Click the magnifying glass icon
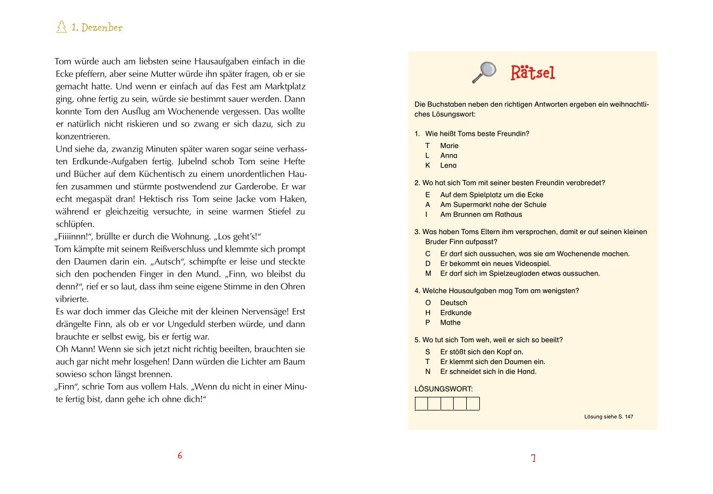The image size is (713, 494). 484,72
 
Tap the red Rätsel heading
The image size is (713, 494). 533,73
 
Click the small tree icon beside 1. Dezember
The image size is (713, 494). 62,27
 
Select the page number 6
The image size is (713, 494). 180,455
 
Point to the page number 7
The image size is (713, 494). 533,459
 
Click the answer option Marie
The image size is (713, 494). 449,146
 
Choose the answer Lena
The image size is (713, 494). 448,165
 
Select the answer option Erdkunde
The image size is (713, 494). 456,313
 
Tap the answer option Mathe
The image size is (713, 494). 450,323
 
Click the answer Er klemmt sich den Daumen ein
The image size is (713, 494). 492,362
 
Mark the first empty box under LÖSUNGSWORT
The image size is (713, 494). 421,404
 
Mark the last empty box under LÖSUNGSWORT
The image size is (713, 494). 473,404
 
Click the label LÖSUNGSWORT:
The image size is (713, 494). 444,389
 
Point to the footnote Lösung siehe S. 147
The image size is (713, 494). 609,416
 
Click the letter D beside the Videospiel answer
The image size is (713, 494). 428,264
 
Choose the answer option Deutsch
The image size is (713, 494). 454,303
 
